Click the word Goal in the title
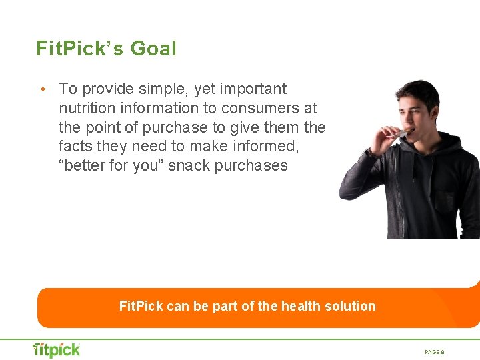[154, 49]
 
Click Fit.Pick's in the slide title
[80, 49]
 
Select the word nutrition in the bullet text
[87, 108]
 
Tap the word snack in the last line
[188, 166]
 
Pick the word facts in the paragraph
[77, 147]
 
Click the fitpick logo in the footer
[57, 349]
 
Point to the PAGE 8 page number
[438, 351]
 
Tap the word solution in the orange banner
[350, 307]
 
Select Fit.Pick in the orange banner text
[141, 307]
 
